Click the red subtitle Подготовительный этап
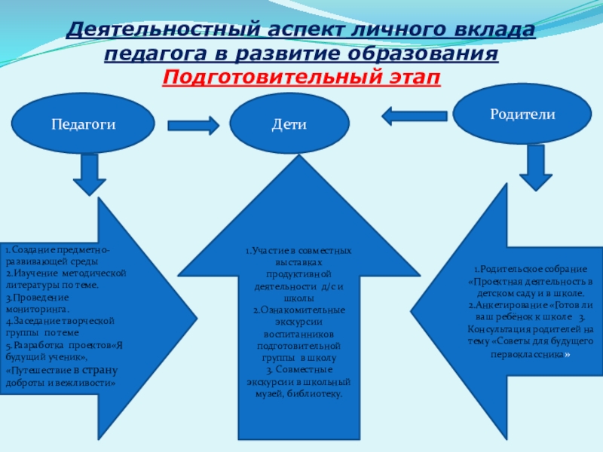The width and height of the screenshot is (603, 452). click(x=301, y=78)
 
